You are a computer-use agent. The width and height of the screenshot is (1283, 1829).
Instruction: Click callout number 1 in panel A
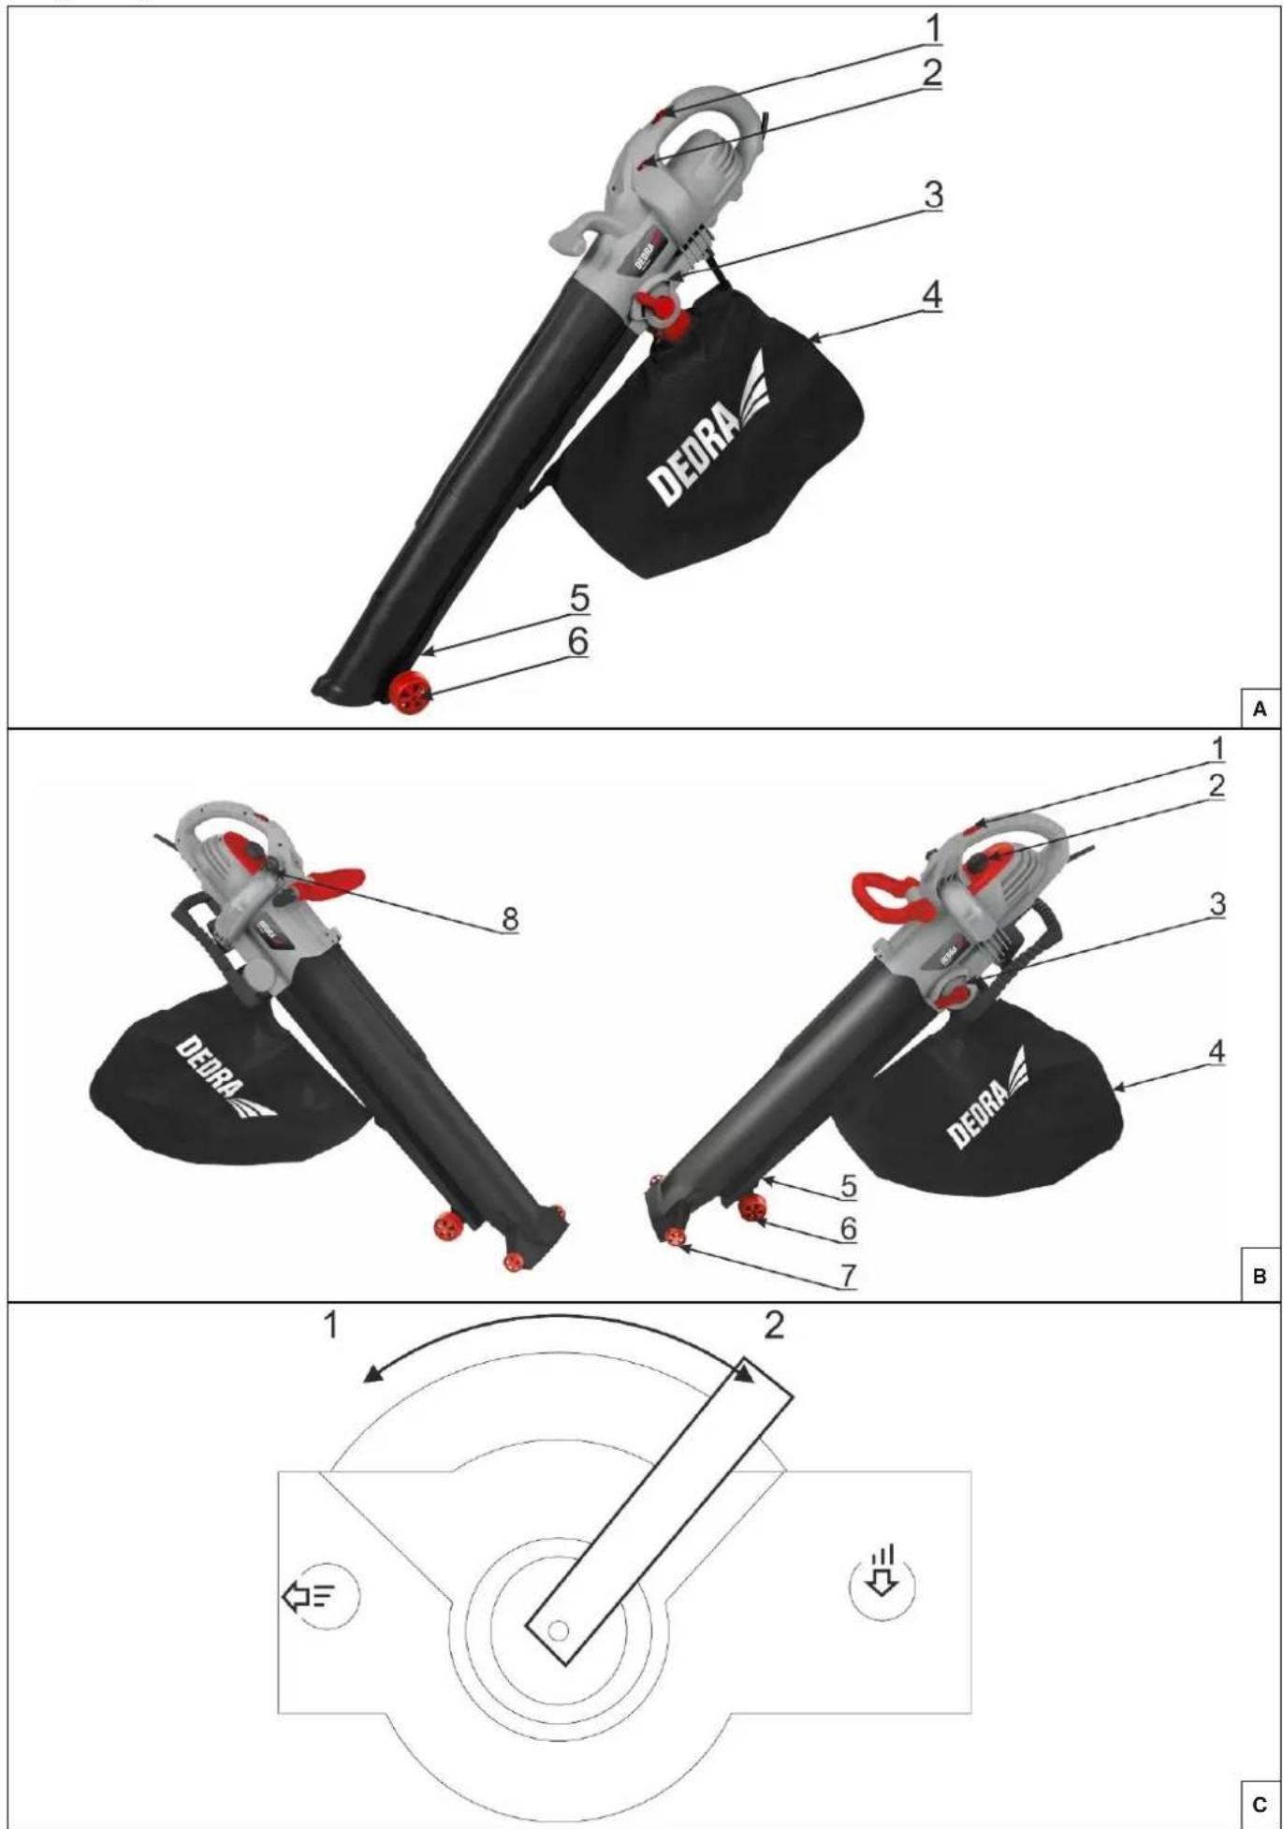click(932, 29)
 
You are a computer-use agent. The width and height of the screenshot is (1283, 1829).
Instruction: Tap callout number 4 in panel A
click(931, 295)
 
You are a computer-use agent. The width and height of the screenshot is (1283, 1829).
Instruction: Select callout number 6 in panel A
click(578, 641)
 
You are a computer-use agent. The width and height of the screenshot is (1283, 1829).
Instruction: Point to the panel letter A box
click(1260, 709)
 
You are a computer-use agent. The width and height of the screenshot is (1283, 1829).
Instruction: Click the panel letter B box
click(1260, 1276)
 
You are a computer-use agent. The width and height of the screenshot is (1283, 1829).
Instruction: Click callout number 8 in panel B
click(509, 919)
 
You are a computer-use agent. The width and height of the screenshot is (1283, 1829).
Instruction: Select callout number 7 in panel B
click(848, 1275)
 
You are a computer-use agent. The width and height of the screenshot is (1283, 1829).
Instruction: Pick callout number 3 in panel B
click(1217, 904)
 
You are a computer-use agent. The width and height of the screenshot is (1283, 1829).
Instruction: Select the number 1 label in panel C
click(330, 1325)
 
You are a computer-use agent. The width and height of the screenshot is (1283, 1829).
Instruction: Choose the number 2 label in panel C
click(774, 1325)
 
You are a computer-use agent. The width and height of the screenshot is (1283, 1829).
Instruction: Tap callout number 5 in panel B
click(848, 1186)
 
